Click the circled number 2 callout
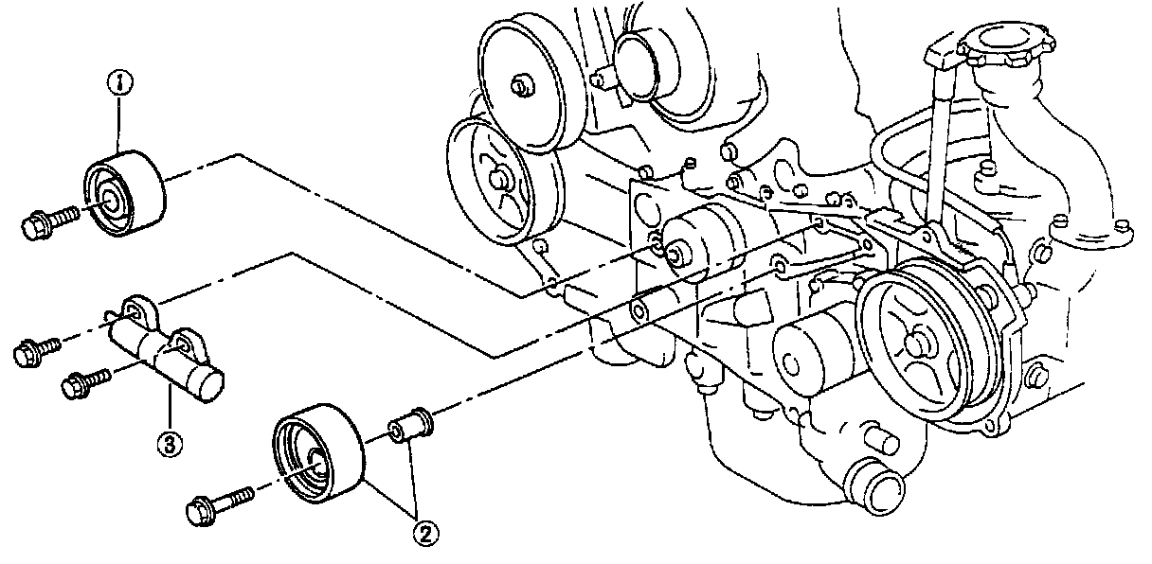click(x=425, y=534)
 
